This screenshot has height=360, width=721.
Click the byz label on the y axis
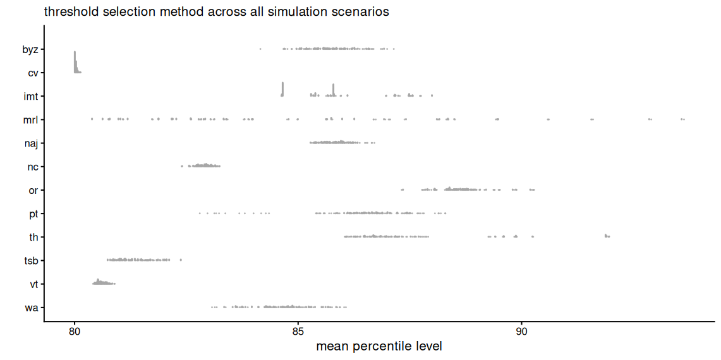tap(30, 50)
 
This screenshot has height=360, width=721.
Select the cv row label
tap(33, 73)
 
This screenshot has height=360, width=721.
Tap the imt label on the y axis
tap(31, 97)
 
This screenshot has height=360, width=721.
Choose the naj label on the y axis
tap(31, 143)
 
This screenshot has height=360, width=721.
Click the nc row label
tap(33, 167)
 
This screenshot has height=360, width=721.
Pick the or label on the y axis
tap(33, 190)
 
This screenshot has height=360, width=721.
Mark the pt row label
tap(33, 213)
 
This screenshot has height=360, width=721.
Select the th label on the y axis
tap(33, 237)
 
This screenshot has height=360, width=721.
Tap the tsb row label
tap(31, 260)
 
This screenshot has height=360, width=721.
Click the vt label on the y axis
tap(33, 284)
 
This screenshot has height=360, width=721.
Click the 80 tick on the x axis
tap(75, 330)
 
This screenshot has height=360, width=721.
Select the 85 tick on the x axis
tap(298, 330)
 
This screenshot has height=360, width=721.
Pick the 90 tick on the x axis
tap(522, 330)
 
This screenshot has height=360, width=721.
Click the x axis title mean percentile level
tap(379, 346)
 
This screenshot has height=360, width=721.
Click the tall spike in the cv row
tap(75, 61)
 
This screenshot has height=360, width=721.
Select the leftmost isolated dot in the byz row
tap(260, 49)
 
